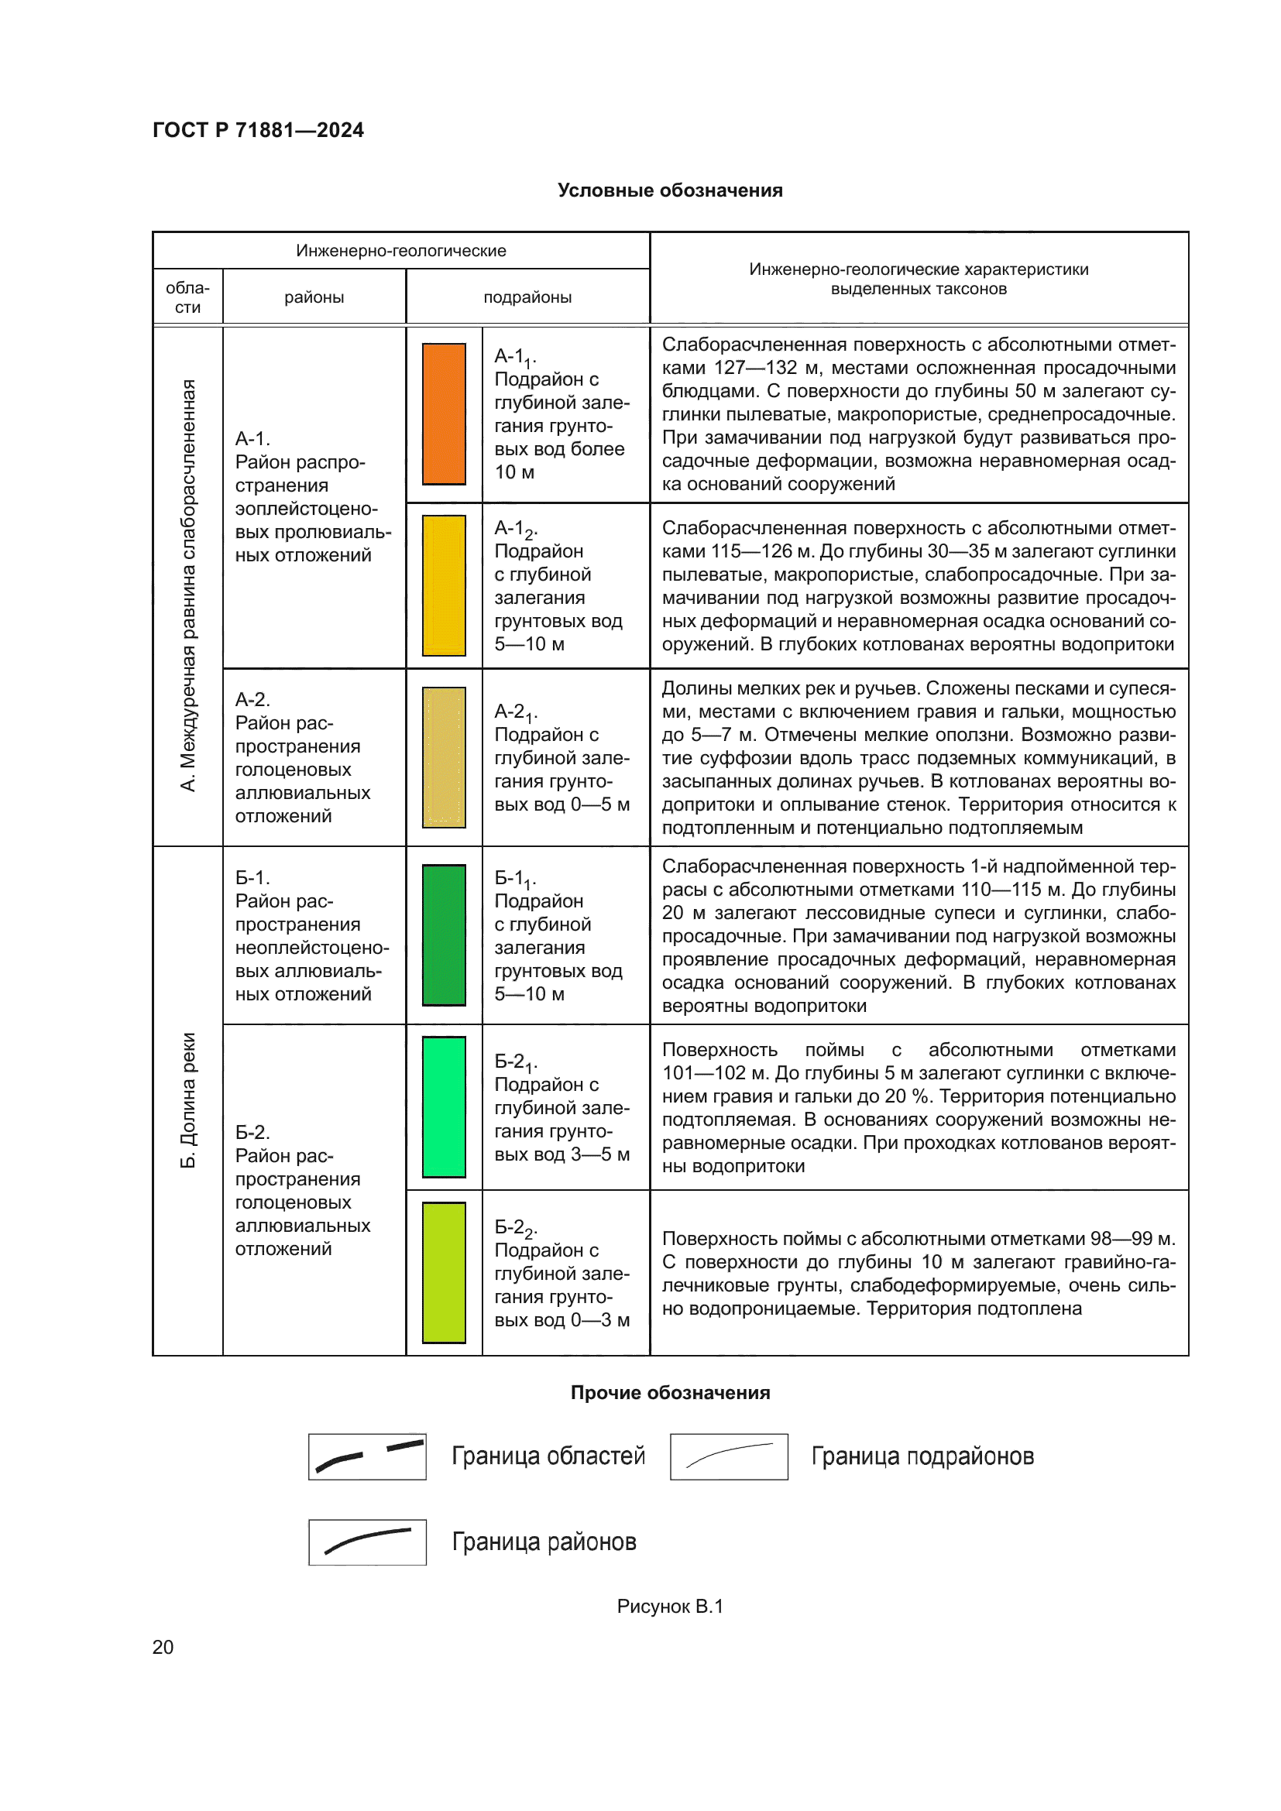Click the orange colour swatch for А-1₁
[443, 413]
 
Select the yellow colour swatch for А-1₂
[443, 585]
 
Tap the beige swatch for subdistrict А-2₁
[443, 757]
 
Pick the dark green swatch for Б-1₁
[443, 935]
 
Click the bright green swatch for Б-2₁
[443, 1106]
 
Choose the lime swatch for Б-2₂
[443, 1272]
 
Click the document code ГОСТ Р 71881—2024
[258, 130]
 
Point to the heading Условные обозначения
[670, 190]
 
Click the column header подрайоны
[527, 297]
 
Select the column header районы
[314, 297]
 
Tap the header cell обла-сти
[187, 297]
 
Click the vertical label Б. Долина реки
[187, 1100]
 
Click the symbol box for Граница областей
[367, 1456]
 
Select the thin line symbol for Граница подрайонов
[729, 1456]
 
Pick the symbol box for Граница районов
[367, 1542]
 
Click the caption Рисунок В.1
[670, 1606]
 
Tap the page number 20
[163, 1647]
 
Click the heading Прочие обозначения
[670, 1392]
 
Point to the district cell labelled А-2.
[302, 757]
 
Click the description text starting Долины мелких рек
[919, 757]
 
